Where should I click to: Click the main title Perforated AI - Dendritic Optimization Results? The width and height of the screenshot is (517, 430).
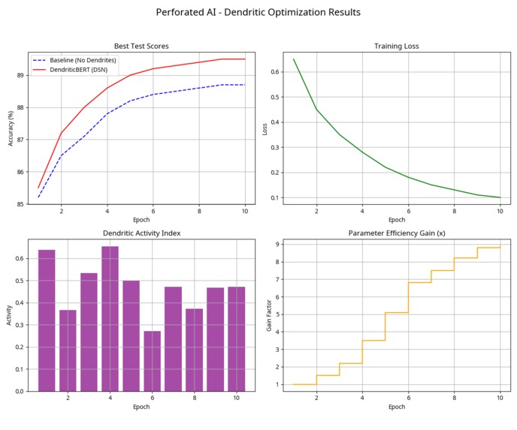[258, 13]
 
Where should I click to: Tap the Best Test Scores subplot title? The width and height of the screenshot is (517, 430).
[141, 46]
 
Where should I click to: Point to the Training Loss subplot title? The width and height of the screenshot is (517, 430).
[396, 46]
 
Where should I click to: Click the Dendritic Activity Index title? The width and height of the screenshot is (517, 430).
[141, 233]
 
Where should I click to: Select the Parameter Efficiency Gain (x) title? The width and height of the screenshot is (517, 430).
[396, 233]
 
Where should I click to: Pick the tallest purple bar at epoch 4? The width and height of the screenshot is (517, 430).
[110, 318]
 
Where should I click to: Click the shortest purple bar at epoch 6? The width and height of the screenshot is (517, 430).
[152, 360]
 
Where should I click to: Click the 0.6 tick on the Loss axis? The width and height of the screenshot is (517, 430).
[276, 72]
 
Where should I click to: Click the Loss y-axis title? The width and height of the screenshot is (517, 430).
[265, 128]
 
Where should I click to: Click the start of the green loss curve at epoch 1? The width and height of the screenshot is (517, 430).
[294, 59]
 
